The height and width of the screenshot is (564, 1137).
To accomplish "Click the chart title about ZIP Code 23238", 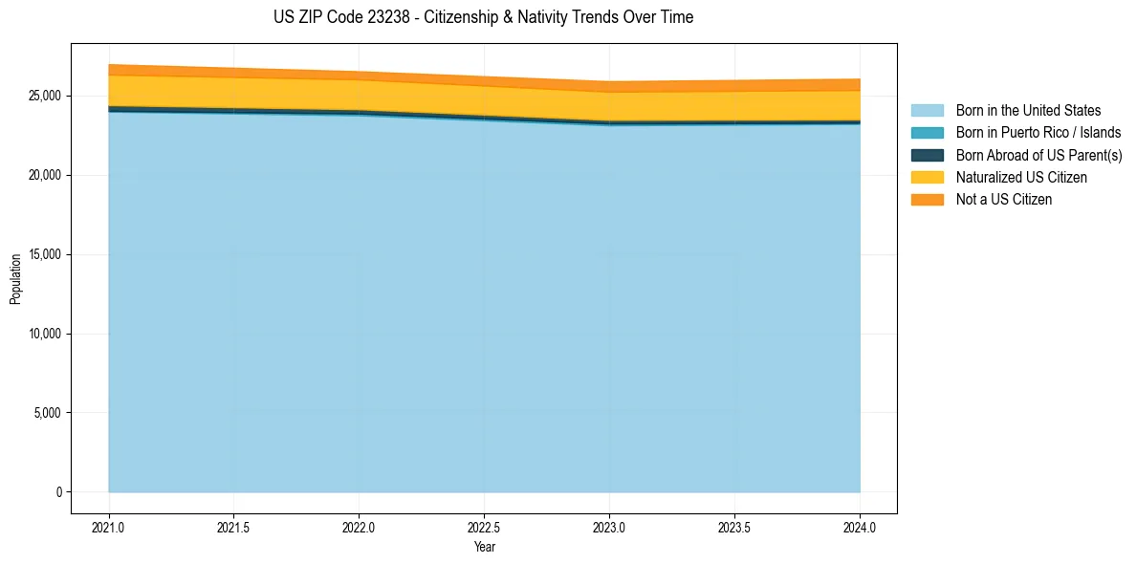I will [x=483, y=17].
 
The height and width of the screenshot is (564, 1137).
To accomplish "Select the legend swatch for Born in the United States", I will [x=927, y=111].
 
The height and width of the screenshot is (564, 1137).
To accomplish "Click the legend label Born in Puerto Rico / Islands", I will [x=1039, y=133].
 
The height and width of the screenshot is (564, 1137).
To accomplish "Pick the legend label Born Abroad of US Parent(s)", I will [x=1039, y=155].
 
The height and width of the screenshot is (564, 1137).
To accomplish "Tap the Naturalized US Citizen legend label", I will [x=1021, y=177].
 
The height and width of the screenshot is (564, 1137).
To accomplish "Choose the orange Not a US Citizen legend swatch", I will [x=927, y=199].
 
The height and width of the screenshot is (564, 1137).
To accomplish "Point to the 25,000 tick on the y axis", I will [x=46, y=97].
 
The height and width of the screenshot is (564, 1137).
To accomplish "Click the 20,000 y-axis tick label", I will [x=46, y=176].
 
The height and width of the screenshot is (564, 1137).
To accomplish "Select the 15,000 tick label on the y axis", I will [x=46, y=255].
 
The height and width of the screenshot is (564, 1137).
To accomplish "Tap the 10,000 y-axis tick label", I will [x=46, y=335].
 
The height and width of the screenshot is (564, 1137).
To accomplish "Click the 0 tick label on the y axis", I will [x=58, y=492].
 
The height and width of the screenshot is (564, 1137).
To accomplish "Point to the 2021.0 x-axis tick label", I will [x=109, y=526].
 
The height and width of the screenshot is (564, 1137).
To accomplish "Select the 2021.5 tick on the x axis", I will [x=234, y=526].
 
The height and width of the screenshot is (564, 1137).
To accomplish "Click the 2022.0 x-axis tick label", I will [x=359, y=526].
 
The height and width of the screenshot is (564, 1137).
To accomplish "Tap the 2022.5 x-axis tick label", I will [x=484, y=526].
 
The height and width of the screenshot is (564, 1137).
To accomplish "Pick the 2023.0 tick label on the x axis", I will [x=609, y=526].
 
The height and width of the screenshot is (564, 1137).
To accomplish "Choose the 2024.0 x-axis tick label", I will [x=860, y=526].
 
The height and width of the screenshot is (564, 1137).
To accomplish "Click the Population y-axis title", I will [x=15, y=279].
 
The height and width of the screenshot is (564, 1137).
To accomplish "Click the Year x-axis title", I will [x=484, y=547].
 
